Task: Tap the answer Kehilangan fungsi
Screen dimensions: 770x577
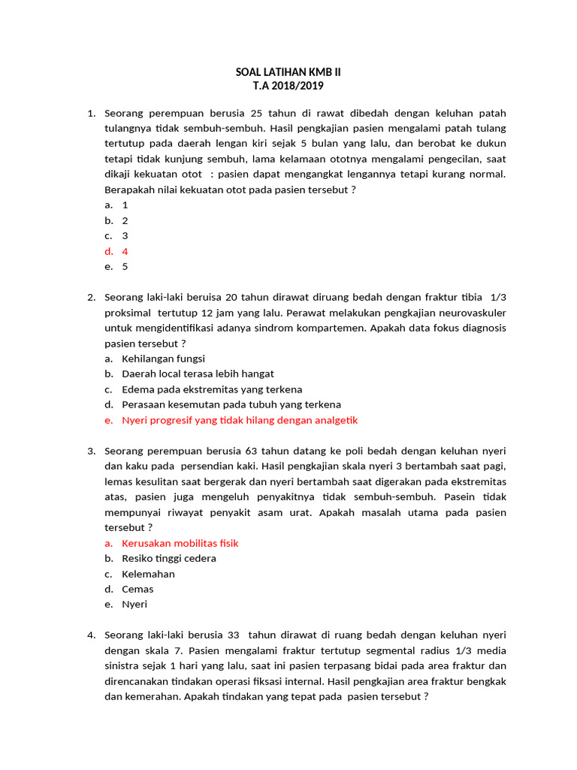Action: tap(163, 359)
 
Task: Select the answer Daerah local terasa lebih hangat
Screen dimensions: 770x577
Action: tap(198, 374)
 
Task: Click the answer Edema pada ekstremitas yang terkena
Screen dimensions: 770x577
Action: tap(212, 390)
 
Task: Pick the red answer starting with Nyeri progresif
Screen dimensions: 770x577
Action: tap(240, 420)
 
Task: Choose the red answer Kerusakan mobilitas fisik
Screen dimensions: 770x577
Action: tap(180, 543)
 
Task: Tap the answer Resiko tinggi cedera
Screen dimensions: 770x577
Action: tap(169, 558)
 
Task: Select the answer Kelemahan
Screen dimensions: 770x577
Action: tap(148, 574)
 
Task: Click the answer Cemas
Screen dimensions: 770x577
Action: tap(137, 589)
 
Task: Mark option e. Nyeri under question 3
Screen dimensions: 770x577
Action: tap(134, 604)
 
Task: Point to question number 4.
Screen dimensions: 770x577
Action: tap(91, 635)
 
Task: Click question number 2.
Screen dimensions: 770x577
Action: tap(91, 297)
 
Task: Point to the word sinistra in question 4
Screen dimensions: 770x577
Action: tap(127, 665)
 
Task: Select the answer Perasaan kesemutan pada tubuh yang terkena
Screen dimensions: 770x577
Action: tap(231, 405)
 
